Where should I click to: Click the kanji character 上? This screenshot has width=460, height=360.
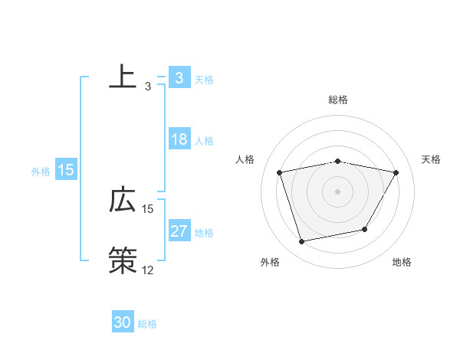[123, 77]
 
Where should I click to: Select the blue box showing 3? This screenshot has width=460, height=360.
[179, 78]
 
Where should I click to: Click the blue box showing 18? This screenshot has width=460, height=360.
[179, 139]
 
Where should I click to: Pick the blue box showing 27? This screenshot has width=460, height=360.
[179, 232]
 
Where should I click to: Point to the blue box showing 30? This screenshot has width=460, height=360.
[123, 322]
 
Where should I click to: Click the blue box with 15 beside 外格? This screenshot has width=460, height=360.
[66, 170]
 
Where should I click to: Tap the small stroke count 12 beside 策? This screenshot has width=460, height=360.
[148, 270]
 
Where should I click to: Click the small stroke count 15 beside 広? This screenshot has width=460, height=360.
[148, 208]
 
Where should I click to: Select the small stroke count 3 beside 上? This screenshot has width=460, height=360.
[148, 87]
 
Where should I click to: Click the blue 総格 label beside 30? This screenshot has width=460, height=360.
[147, 324]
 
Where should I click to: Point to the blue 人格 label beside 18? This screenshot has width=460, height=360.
[204, 141]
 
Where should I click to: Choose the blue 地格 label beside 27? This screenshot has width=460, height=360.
[204, 233]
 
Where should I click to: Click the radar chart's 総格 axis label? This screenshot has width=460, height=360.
[337, 100]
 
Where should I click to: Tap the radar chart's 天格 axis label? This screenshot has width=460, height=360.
[432, 159]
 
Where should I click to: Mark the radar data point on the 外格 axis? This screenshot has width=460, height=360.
[302, 242]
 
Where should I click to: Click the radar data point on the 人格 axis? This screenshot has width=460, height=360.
[280, 172]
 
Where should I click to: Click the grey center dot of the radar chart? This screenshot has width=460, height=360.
[337, 191]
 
